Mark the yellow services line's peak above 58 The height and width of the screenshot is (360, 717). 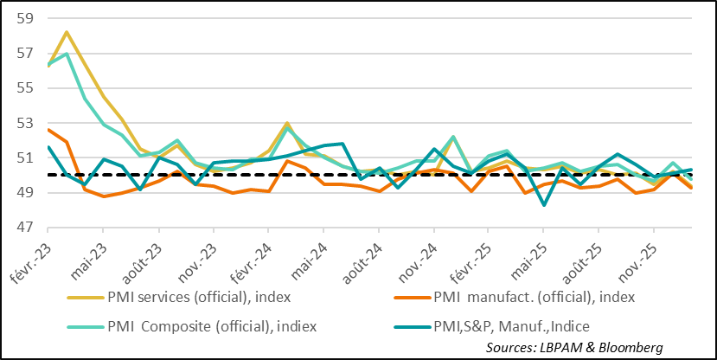click(x=66, y=32)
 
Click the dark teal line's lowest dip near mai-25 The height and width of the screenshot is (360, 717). click(x=543, y=205)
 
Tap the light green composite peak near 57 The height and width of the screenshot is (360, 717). click(x=66, y=54)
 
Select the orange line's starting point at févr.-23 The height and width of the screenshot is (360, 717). click(x=48, y=130)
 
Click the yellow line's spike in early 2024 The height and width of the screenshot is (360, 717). click(x=286, y=124)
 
